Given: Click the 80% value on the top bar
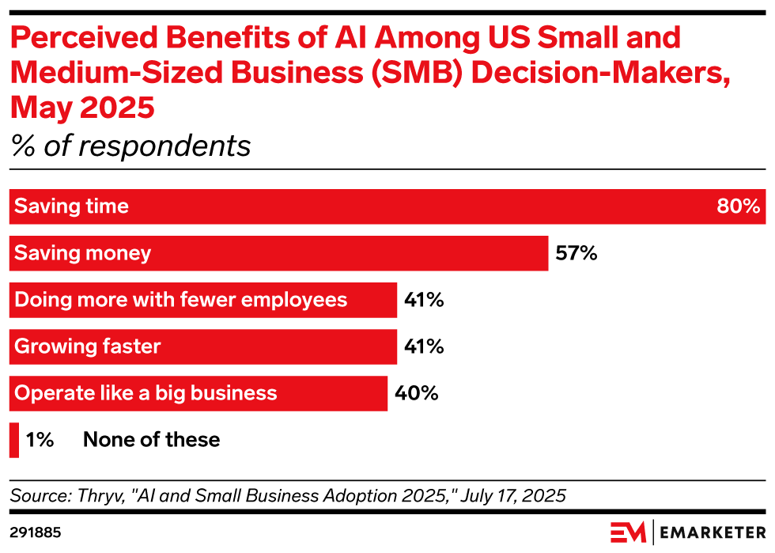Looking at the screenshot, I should tap(739, 207).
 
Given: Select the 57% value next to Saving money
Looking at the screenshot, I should tap(575, 254).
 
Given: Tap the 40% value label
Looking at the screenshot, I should tap(417, 393).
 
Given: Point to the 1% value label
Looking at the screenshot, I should tap(40, 440).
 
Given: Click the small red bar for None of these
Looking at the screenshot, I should tap(14, 440).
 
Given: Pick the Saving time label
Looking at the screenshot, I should tap(72, 207).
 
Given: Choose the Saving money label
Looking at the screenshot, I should tap(83, 254).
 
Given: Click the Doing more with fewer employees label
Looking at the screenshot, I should tap(181, 301).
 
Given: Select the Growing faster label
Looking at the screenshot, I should tap(88, 347).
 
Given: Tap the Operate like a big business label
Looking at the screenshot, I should tap(146, 393).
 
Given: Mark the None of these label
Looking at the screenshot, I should tap(151, 440).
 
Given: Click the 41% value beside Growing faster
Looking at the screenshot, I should tap(423, 347).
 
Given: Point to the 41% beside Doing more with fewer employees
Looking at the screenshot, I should tap(423, 301).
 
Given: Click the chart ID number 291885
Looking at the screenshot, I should tap(36, 532).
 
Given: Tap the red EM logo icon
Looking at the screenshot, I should tap(628, 532).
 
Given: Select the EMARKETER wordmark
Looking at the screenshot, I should tap(713, 532).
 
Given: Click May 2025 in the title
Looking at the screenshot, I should tap(82, 107).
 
